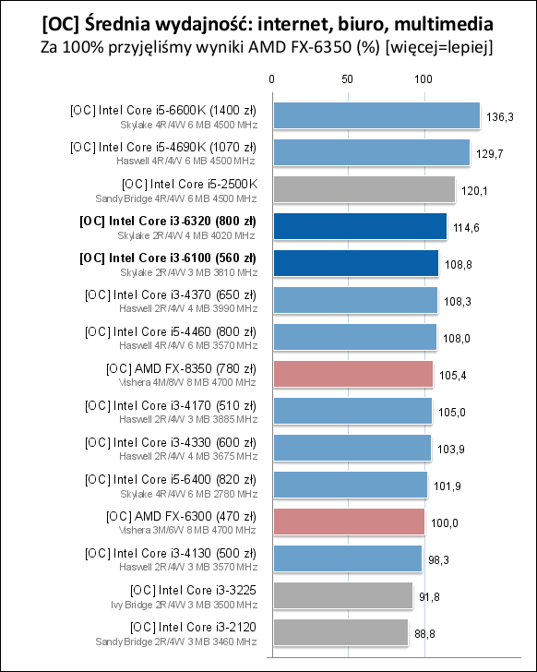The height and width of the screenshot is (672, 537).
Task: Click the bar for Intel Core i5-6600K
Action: tap(375, 115)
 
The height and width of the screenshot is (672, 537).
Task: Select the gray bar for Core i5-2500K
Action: tap(363, 189)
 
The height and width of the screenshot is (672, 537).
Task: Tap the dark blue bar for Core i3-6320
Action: tap(358, 226)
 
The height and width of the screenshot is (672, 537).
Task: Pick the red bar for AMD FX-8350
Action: tap(352, 374)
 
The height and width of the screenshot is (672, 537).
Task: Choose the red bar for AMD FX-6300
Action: tap(347, 522)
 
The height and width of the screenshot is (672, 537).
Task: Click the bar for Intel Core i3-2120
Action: tap(339, 632)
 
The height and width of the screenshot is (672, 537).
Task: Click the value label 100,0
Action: tap(444, 522)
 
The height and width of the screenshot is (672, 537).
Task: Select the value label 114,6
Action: tap(466, 227)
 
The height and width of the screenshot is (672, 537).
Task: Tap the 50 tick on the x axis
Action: tap(347, 80)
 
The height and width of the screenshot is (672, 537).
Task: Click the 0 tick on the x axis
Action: tap(271, 80)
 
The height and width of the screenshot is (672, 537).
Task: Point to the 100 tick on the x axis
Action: tap(424, 80)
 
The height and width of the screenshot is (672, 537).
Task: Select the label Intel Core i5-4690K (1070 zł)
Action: tap(163, 146)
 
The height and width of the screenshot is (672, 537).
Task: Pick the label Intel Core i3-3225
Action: tap(194, 589)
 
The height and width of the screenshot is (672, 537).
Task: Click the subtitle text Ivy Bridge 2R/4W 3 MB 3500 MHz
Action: tap(181, 605)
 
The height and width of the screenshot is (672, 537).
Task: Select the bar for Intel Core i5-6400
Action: tap(349, 485)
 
